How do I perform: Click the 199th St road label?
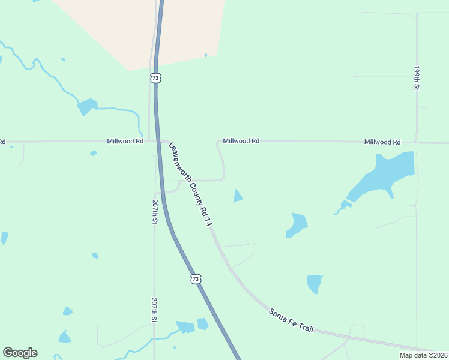[416, 78]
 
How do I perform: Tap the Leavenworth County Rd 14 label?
[191, 184]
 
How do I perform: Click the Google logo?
[20, 353]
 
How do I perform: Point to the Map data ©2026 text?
[423, 355]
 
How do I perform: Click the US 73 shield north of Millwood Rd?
[155, 78]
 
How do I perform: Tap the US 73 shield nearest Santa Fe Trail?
[195, 279]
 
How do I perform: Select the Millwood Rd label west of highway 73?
[125, 141]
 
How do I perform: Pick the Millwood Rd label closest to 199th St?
[382, 142]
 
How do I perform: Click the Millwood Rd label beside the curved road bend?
[241, 141]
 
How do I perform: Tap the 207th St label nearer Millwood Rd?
[155, 212]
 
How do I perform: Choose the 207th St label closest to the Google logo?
[154, 310]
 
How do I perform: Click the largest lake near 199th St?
[384, 174]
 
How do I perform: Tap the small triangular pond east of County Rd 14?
[238, 196]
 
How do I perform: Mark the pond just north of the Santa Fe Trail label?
[314, 283]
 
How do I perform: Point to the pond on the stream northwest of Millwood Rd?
[87, 106]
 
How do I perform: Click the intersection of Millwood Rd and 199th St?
[416, 143]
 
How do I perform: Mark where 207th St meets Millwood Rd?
[150, 142]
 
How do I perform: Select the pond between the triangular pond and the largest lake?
[297, 224]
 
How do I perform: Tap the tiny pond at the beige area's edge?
[206, 55]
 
